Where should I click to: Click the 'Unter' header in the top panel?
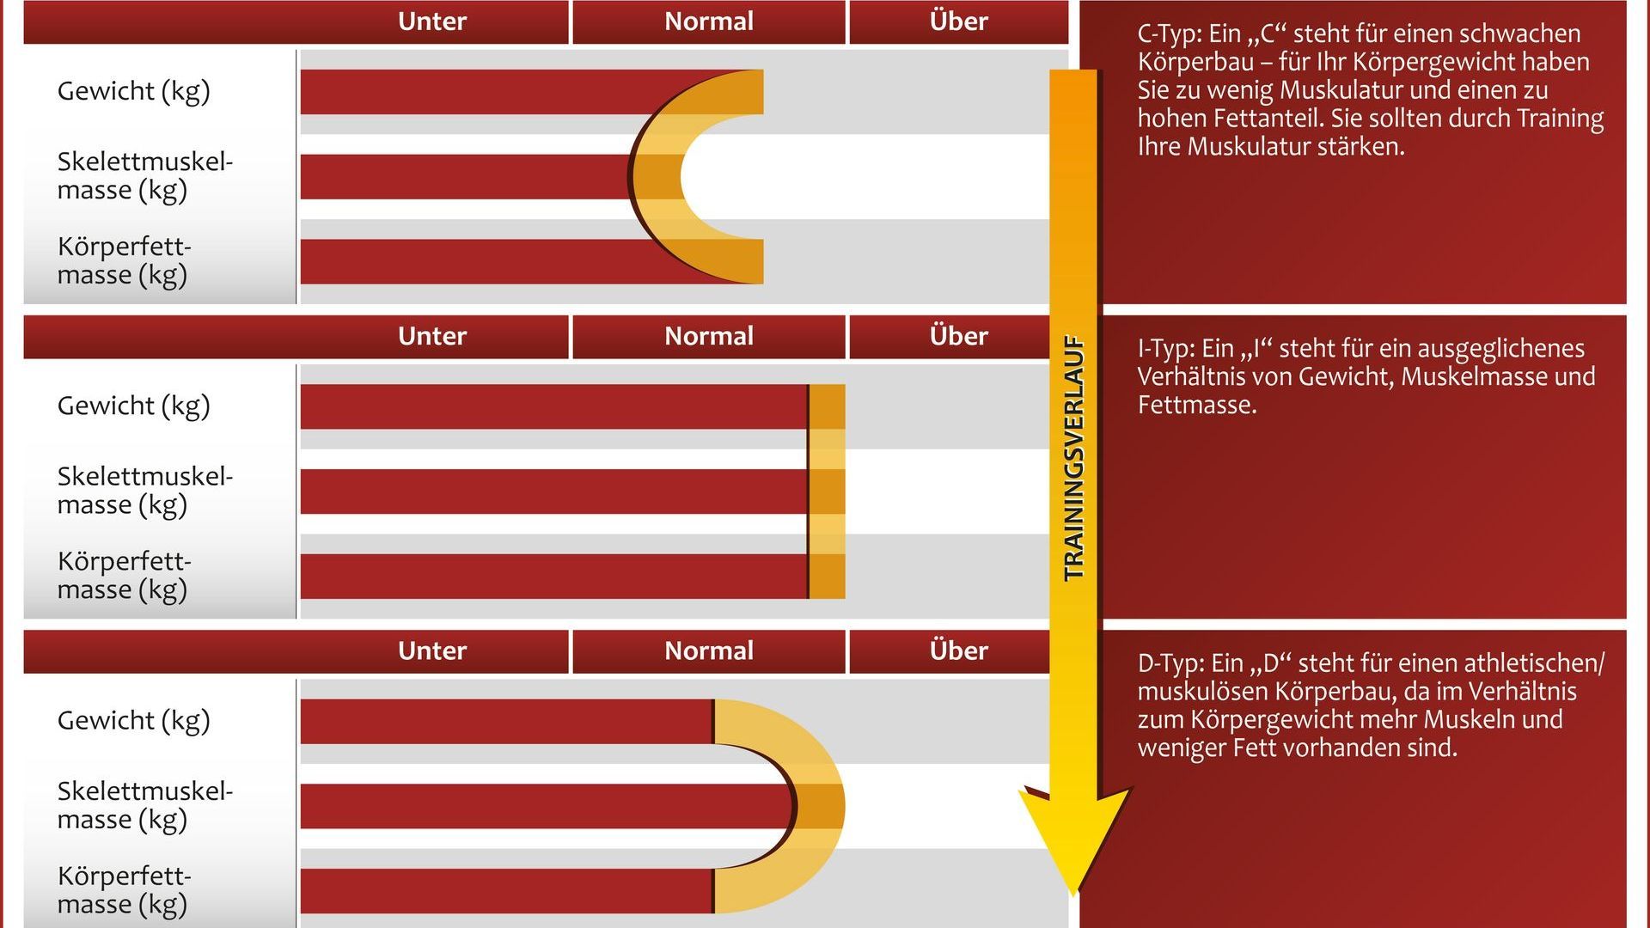click(x=432, y=21)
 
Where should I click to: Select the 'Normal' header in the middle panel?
click(x=709, y=336)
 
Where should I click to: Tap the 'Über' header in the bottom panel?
click(x=958, y=650)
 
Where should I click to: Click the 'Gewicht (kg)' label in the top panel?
click(x=133, y=91)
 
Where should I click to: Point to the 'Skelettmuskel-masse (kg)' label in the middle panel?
click(x=144, y=490)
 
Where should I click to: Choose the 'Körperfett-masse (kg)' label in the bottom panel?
click(x=124, y=890)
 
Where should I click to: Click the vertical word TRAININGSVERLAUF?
click(x=1074, y=458)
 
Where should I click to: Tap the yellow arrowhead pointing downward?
click(x=1073, y=833)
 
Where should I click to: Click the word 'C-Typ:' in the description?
click(x=1169, y=34)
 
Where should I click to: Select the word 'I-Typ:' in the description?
click(x=1166, y=349)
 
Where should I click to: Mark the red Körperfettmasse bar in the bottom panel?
click(x=507, y=891)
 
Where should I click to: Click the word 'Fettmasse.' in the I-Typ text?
click(x=1197, y=405)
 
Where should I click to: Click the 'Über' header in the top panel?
click(x=958, y=21)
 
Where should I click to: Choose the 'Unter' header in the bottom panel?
click(x=432, y=650)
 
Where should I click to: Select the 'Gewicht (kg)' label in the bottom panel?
click(x=133, y=721)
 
